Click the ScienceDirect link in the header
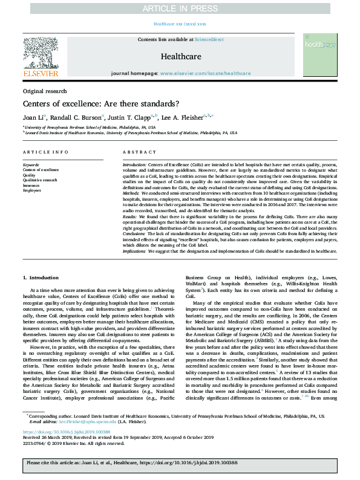[207, 39]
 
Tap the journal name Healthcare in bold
[180, 56]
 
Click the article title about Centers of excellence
[98, 103]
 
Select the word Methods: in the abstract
[133, 197]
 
